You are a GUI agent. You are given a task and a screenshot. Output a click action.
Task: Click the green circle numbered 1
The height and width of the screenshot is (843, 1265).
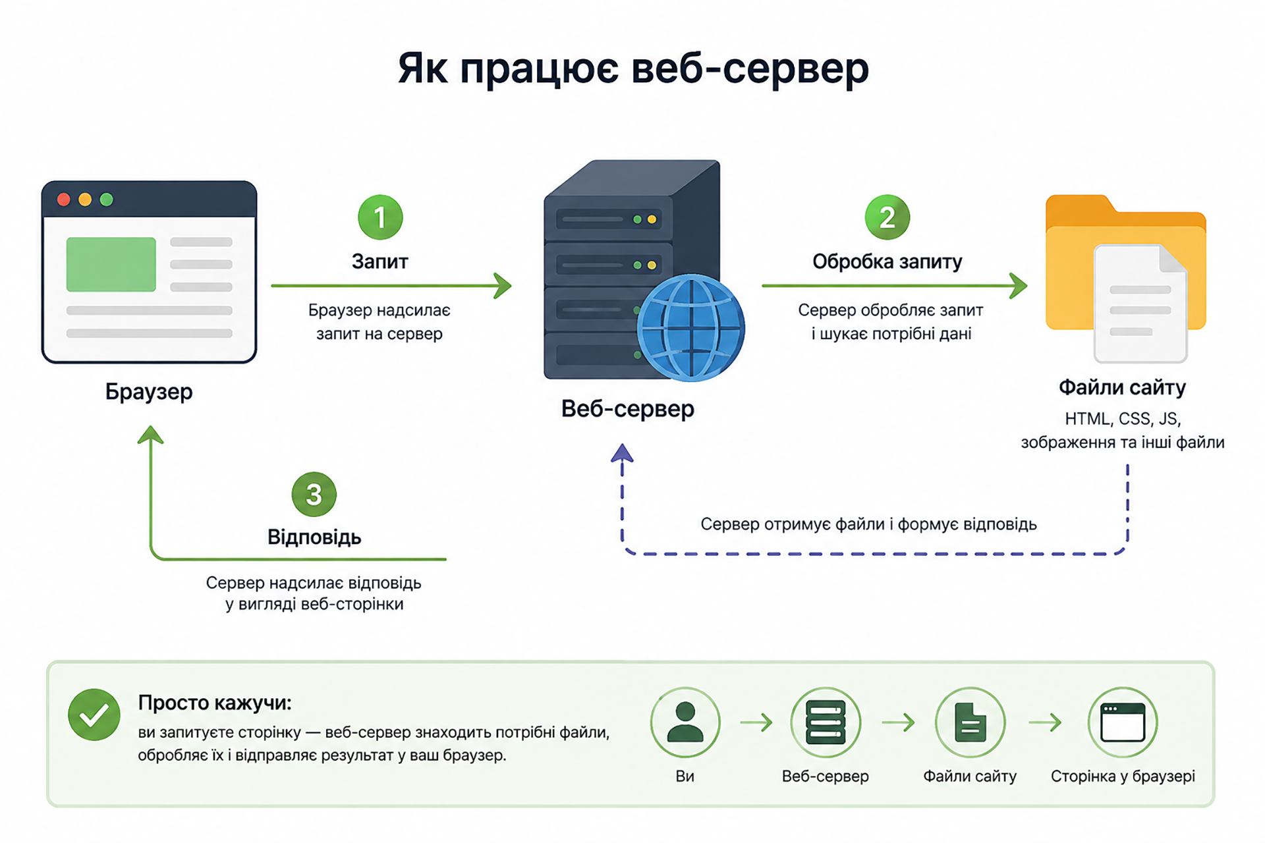click(380, 217)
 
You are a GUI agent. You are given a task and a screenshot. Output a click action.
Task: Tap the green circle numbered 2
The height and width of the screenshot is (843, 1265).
click(887, 217)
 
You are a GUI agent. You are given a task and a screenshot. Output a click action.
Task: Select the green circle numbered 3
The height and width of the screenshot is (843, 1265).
click(314, 495)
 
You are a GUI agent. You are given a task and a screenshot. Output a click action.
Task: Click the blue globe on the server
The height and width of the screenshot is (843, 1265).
click(690, 328)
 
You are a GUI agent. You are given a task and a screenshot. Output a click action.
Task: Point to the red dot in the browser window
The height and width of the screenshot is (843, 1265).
click(64, 200)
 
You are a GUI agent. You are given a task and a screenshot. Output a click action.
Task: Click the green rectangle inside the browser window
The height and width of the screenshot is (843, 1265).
click(111, 264)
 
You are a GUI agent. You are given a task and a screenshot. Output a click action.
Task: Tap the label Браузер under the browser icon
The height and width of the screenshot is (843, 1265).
click(149, 392)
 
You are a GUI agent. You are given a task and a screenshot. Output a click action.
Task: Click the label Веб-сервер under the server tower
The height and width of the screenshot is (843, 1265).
click(628, 409)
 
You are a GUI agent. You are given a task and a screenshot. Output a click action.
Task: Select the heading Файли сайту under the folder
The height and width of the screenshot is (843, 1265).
click(1122, 387)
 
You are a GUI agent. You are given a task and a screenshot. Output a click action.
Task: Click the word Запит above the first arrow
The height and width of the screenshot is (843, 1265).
click(380, 261)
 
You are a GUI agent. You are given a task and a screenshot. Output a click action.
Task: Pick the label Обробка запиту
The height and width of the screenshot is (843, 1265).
click(887, 261)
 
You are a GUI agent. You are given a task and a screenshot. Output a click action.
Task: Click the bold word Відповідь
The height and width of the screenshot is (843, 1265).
click(314, 537)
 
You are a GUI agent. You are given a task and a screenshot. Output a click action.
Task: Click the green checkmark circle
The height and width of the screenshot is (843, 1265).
click(94, 715)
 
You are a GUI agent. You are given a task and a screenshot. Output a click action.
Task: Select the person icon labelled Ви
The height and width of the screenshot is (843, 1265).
click(685, 722)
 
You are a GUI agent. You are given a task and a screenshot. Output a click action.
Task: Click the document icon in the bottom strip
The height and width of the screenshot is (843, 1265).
click(970, 722)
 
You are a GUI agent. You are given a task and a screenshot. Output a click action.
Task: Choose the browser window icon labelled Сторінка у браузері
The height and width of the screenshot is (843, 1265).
click(1123, 722)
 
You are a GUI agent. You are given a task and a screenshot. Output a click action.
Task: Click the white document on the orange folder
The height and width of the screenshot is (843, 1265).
click(1140, 303)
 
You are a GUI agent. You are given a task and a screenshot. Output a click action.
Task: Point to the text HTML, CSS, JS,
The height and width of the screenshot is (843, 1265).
click(1123, 419)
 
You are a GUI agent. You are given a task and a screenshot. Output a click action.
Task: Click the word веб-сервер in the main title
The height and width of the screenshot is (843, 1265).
click(750, 68)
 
